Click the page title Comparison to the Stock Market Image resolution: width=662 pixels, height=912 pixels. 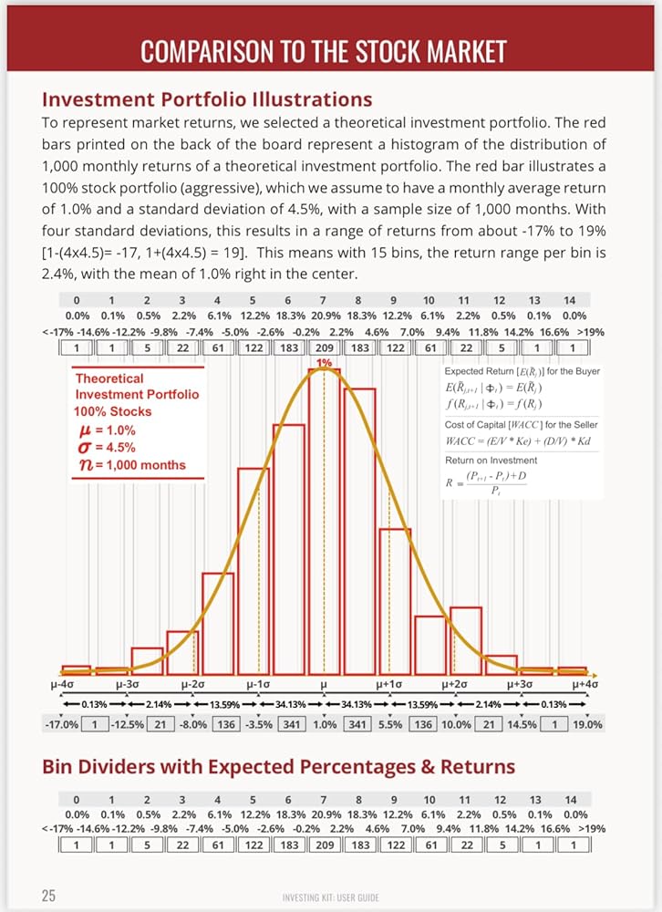pos(324,51)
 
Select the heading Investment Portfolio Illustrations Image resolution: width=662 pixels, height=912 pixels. pos(207,99)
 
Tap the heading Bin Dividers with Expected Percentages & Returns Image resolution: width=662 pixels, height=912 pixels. pos(279,767)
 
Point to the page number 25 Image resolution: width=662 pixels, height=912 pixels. pos(49,895)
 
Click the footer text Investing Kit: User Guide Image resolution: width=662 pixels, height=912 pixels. pos(330,897)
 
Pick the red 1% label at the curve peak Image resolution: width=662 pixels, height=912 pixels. pos(324,362)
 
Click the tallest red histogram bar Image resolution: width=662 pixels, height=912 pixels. pos(324,521)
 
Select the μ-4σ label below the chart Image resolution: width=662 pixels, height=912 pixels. pos(62,685)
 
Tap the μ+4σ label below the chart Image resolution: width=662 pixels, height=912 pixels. pos(585,685)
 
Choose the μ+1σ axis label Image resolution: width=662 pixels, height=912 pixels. pos(388,685)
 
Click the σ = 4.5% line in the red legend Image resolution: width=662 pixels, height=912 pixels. pos(107,447)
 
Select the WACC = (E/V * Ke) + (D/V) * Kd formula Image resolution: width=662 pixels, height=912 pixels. pos(518,440)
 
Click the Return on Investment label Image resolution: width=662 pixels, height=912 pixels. pos(491,460)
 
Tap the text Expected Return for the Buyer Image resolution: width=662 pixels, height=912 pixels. pos(522,371)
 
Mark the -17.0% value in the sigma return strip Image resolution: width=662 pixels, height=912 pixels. pos(61,725)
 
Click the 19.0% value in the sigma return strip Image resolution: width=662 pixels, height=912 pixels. pos(587,725)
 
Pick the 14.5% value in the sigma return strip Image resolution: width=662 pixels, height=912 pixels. pos(522,725)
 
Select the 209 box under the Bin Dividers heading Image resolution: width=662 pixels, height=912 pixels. pos(325,845)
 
